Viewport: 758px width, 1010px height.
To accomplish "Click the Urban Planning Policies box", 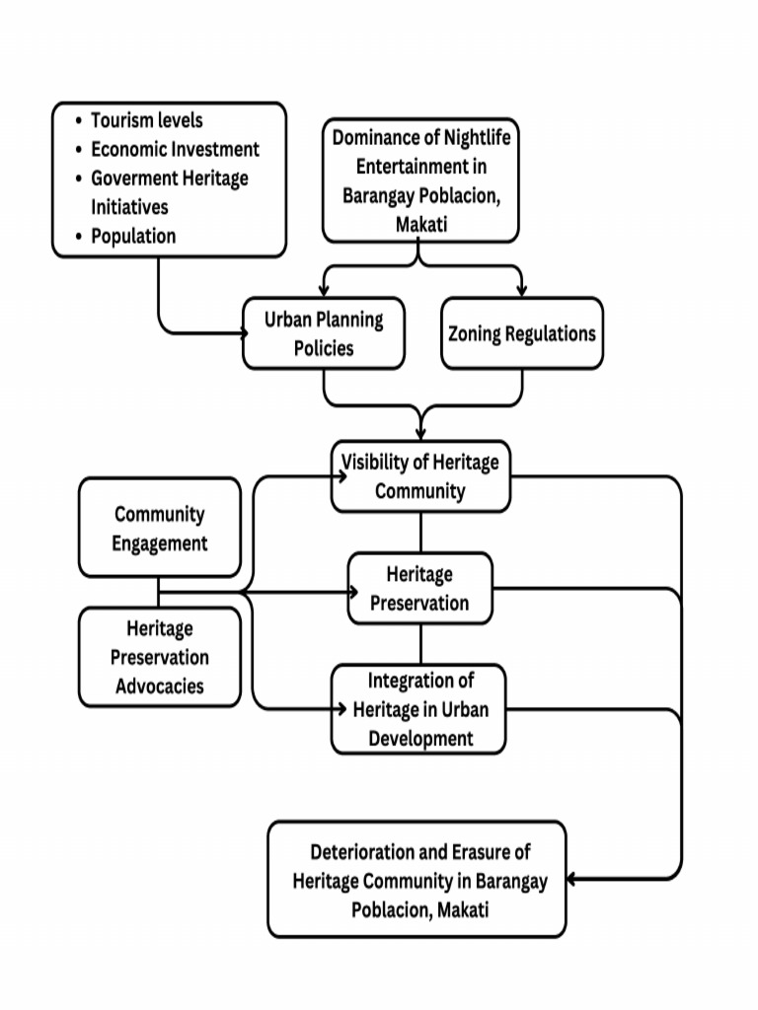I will (324, 333).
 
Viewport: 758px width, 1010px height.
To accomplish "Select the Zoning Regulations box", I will (521, 333).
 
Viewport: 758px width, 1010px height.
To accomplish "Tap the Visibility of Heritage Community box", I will (420, 476).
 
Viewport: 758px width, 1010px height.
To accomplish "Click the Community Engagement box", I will (159, 528).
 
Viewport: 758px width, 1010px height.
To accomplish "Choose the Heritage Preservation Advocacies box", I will (159, 657).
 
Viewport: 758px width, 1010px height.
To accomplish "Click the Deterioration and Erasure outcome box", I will (417, 880).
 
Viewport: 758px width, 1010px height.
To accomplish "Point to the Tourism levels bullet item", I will (146, 120).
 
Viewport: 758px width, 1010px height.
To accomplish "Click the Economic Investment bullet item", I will (175, 149).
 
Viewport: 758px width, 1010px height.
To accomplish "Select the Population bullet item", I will (133, 236).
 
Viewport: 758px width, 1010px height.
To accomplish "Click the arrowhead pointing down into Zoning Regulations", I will (521, 291).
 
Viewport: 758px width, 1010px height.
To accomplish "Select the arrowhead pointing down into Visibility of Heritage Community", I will (420, 434).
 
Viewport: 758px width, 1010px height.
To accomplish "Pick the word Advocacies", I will (159, 685).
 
